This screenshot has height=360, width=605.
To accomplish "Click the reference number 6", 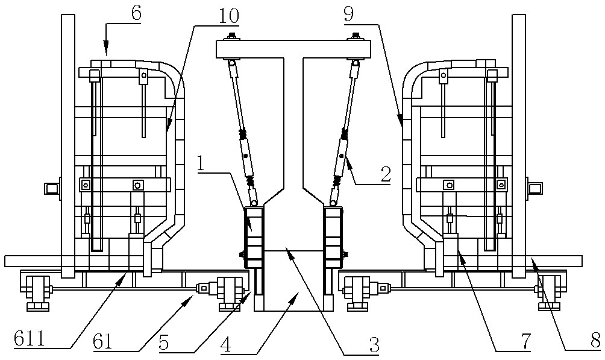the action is point(136,13).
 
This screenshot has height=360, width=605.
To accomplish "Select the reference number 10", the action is point(229,15).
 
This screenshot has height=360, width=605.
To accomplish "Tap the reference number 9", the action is point(348,14).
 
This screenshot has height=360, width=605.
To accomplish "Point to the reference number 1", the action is point(201,165).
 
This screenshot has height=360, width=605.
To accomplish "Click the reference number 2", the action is point(386,175).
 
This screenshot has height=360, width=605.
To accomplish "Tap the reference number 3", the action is point(374,344).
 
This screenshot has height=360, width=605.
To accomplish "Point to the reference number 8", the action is point(595,340).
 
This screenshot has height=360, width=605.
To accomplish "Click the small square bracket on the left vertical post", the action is point(51,189).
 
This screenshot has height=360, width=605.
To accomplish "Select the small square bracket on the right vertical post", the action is point(535,189).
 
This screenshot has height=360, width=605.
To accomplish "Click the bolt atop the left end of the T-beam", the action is point(232,36).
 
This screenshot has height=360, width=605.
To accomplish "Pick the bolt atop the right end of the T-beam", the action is point(354,37).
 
